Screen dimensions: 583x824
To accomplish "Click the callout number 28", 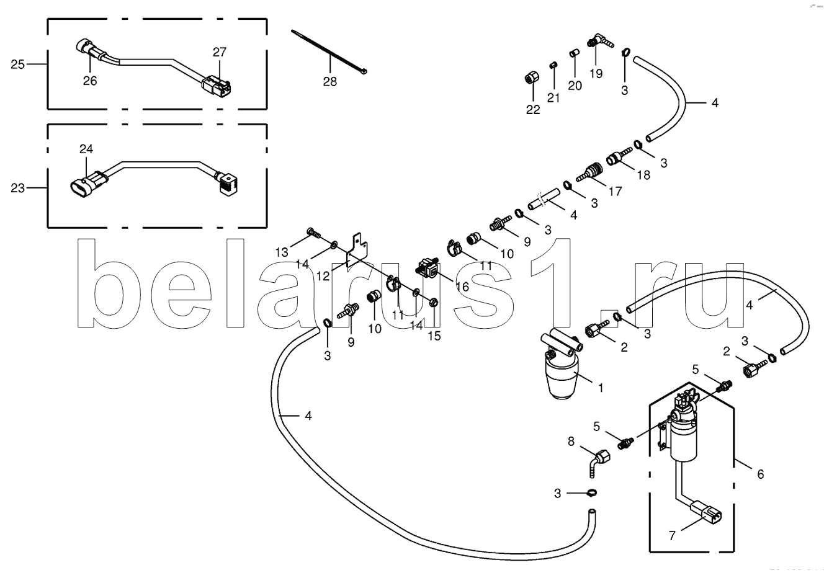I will (x=329, y=81).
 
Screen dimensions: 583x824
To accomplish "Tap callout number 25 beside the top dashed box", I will (x=17, y=64).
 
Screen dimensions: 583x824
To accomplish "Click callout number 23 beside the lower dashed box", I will (x=17, y=187).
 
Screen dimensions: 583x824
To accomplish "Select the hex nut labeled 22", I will (x=531, y=79).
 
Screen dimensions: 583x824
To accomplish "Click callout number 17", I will (x=614, y=192).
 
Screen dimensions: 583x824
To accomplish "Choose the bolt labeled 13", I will (x=313, y=234).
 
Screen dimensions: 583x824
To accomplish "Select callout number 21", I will (x=553, y=97).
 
